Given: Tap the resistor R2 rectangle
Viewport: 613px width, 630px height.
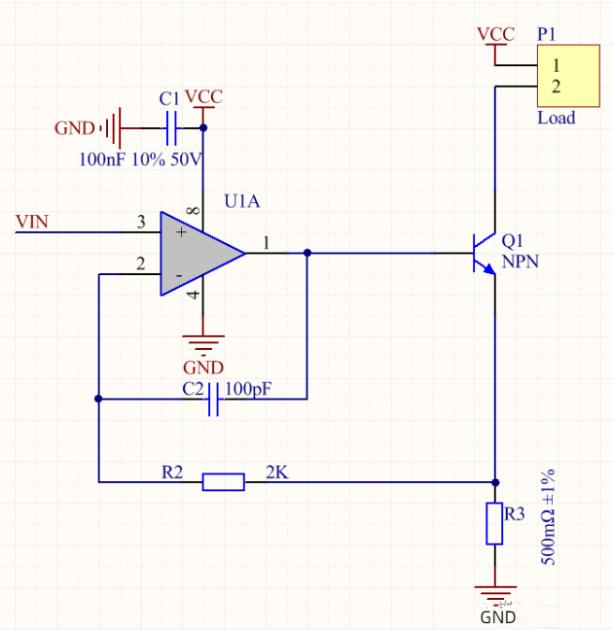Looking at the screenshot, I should coord(223,481).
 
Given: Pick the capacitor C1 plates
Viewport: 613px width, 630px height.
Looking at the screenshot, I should coord(172,126).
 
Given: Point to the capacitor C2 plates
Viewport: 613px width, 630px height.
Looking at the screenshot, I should coord(216,398).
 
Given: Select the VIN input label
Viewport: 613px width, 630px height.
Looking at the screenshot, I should coord(32,223).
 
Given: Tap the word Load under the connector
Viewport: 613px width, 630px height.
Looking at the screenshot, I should coord(557,118).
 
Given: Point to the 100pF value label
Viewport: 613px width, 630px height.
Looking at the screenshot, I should coord(248,389).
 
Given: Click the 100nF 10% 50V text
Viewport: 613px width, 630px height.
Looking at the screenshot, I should coord(140,158).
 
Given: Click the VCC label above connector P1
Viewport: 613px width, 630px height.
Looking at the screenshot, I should coord(495,34).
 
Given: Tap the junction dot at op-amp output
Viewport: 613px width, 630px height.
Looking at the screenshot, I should coord(307,253).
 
